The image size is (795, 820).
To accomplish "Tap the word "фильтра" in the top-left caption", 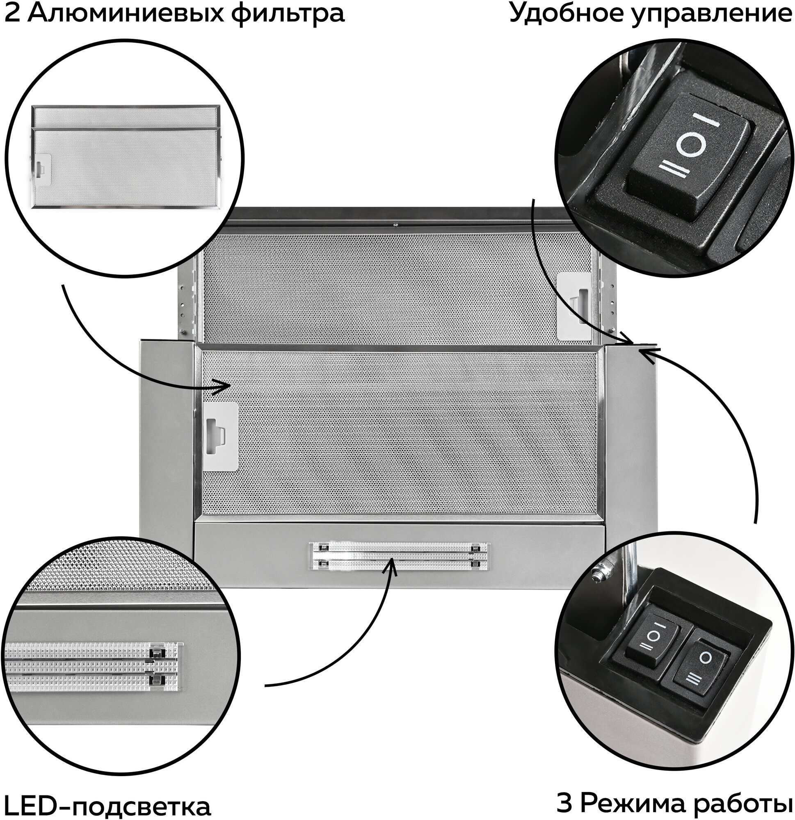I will click(x=288, y=14).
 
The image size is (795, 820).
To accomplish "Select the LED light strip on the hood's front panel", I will click(x=399, y=556).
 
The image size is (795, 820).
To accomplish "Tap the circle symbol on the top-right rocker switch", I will click(x=690, y=145).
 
